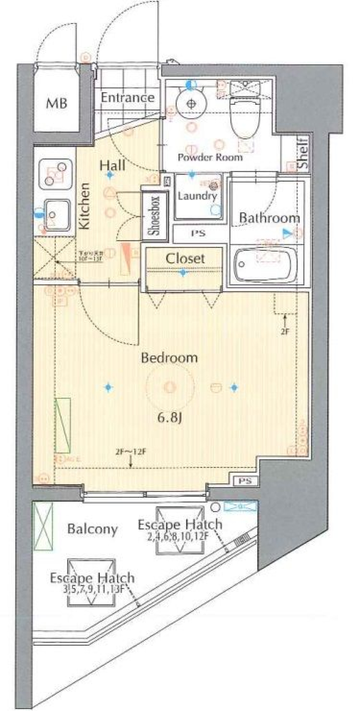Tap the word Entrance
click(x=127, y=98)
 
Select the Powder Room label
click(x=210, y=157)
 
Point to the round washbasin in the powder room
click(x=191, y=104)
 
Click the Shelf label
click(x=303, y=153)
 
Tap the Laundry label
click(x=197, y=195)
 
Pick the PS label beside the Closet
click(x=198, y=233)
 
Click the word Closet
click(x=185, y=258)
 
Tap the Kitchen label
click(x=85, y=206)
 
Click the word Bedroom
click(x=169, y=358)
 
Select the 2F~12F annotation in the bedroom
click(x=130, y=452)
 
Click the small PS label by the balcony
click(x=246, y=481)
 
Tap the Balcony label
click(x=93, y=529)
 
